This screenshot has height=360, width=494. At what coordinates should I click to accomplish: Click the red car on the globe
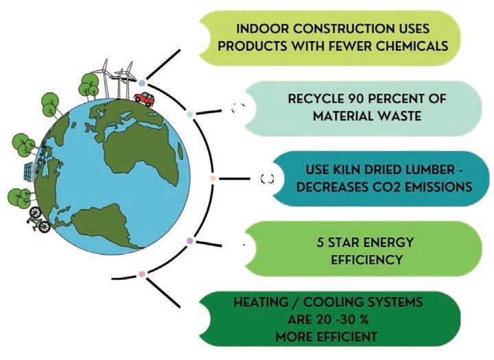143,99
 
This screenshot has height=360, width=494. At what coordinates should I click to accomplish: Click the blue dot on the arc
141,82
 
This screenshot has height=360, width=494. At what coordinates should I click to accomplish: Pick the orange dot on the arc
213,178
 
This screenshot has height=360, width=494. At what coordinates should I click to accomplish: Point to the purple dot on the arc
191,241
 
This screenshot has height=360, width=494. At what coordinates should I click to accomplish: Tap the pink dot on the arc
142,274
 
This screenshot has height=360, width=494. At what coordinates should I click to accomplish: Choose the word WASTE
399,117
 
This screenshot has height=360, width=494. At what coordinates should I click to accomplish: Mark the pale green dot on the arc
191,114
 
